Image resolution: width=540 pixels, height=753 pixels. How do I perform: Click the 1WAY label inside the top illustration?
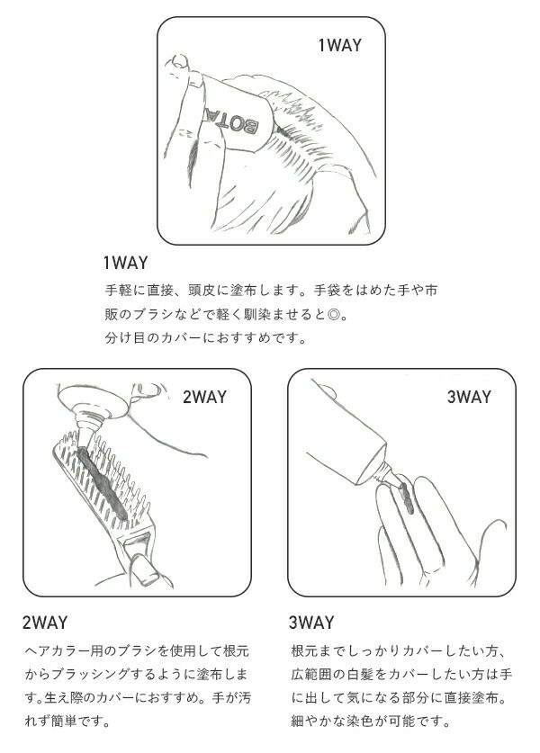(x=339, y=46)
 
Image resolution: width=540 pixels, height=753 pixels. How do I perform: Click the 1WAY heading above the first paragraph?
(x=126, y=263)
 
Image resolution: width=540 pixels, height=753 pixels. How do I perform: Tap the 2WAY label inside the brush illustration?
(x=204, y=397)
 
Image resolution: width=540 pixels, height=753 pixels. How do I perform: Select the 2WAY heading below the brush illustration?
(x=45, y=623)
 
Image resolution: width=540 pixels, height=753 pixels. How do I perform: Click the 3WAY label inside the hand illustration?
(x=470, y=397)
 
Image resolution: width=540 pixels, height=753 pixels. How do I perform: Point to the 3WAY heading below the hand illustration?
(x=311, y=623)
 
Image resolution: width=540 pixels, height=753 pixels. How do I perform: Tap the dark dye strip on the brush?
(x=102, y=482)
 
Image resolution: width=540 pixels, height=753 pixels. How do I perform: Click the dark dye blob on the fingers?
(x=406, y=498)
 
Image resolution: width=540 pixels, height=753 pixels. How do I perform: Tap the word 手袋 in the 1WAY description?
(x=328, y=291)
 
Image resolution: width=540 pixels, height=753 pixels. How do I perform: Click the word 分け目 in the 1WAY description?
(x=124, y=338)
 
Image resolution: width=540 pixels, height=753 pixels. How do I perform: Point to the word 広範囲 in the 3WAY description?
(x=310, y=674)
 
